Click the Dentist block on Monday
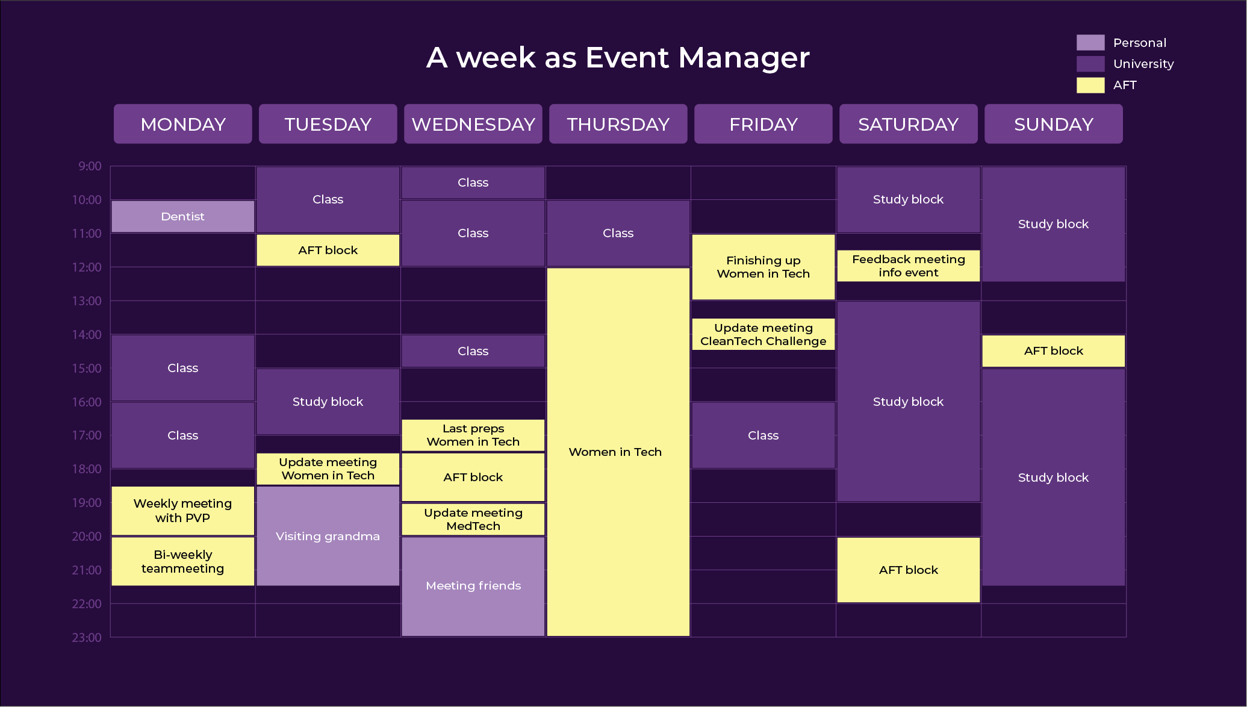click(183, 216)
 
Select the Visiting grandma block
click(328, 536)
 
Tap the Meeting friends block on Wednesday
click(473, 586)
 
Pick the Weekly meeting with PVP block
click(183, 511)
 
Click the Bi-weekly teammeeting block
click(183, 561)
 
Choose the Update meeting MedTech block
click(473, 519)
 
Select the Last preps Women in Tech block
click(473, 435)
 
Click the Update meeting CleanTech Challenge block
click(763, 334)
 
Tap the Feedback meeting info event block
click(909, 266)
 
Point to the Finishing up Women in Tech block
click(763, 267)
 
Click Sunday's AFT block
click(1054, 351)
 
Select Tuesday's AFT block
click(328, 250)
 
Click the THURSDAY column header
click(618, 124)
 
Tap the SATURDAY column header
click(909, 124)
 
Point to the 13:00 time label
click(87, 301)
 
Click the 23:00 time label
click(87, 637)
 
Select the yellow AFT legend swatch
click(1090, 85)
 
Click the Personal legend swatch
click(1090, 42)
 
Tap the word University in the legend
click(1143, 64)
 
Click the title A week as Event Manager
click(618, 58)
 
